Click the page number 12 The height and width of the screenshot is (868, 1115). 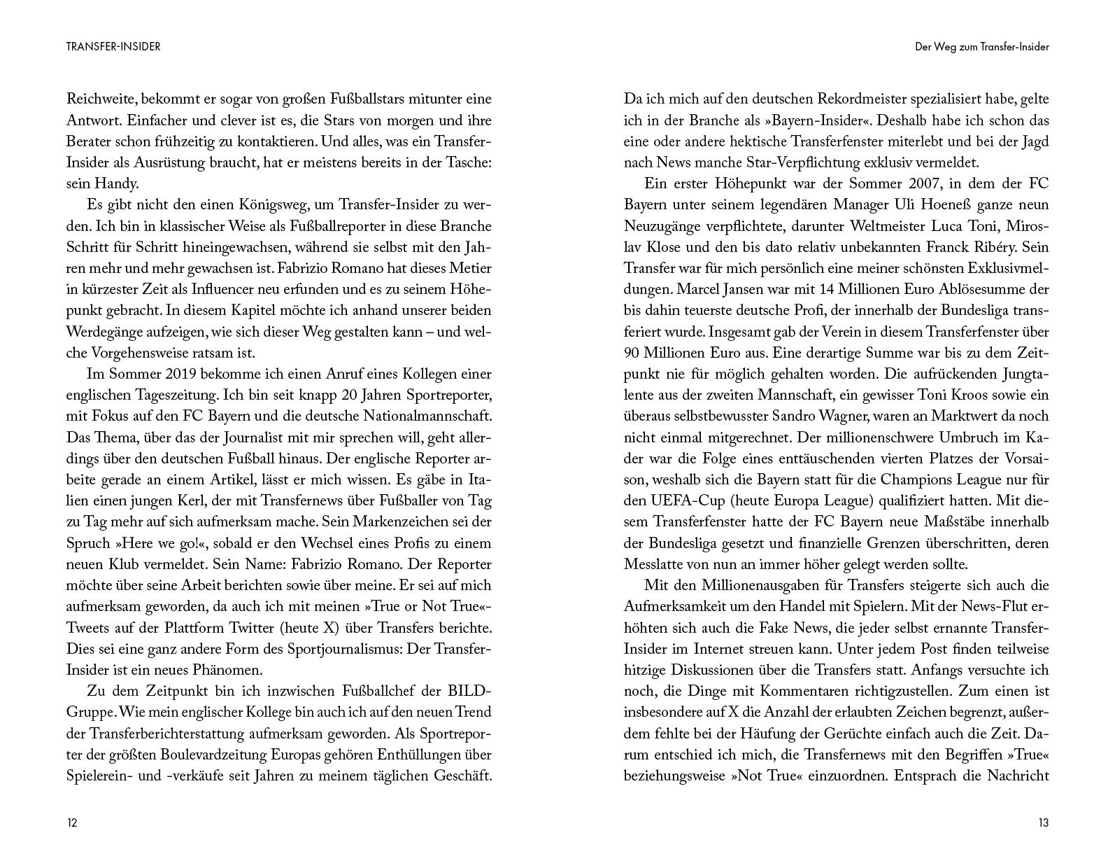72,822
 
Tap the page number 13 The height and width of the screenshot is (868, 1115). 1043,822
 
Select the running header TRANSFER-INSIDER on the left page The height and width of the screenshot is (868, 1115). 113,47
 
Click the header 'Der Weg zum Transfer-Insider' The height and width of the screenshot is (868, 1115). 982,47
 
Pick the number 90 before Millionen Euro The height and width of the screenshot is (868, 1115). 634,352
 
